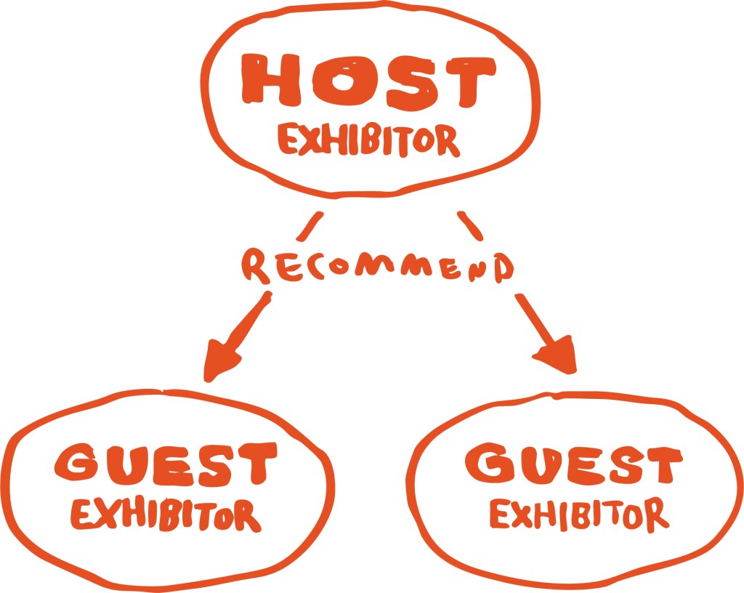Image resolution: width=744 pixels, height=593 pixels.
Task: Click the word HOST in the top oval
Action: (x=368, y=81)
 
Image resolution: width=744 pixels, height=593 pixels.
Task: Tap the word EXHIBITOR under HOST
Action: (x=368, y=140)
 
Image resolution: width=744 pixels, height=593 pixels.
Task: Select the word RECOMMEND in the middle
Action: (x=378, y=267)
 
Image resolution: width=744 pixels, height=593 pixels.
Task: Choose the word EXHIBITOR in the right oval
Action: (x=579, y=514)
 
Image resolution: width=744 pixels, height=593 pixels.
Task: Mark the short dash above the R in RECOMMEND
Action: (x=310, y=225)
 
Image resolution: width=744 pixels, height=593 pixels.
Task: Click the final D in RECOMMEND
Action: (x=504, y=268)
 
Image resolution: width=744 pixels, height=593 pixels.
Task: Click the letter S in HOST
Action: (x=411, y=82)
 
